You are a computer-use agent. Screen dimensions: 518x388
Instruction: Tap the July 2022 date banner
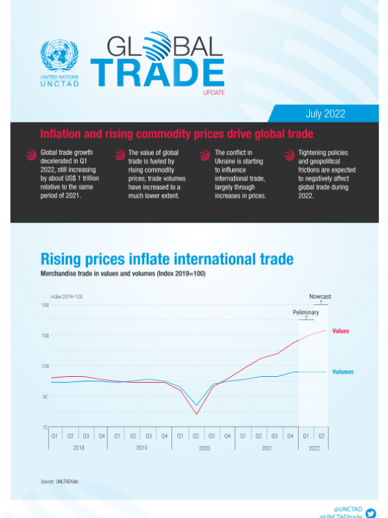click(x=325, y=113)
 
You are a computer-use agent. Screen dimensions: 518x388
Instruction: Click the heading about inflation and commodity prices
click(x=177, y=134)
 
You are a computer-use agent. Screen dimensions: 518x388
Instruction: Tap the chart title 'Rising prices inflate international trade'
click(x=167, y=260)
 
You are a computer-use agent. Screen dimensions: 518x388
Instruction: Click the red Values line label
click(x=340, y=331)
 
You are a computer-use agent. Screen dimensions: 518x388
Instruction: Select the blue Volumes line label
click(x=343, y=372)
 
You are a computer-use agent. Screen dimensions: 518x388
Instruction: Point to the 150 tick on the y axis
click(x=45, y=305)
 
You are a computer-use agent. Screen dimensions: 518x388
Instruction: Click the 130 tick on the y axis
click(x=45, y=335)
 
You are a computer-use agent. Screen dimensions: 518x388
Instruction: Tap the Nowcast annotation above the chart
click(x=319, y=297)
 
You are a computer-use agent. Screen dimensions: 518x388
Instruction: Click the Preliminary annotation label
click(x=306, y=312)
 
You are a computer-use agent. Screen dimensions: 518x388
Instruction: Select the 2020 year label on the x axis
click(x=204, y=448)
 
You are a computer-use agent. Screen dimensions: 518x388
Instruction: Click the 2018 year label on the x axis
click(x=78, y=448)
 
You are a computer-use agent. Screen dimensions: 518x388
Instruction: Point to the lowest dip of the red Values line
click(x=197, y=414)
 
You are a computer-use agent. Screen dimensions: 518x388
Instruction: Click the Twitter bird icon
click(x=371, y=513)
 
